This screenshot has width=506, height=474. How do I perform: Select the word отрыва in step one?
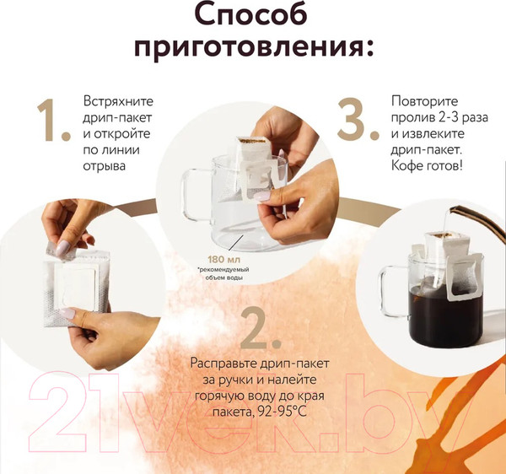click(x=105, y=166)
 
